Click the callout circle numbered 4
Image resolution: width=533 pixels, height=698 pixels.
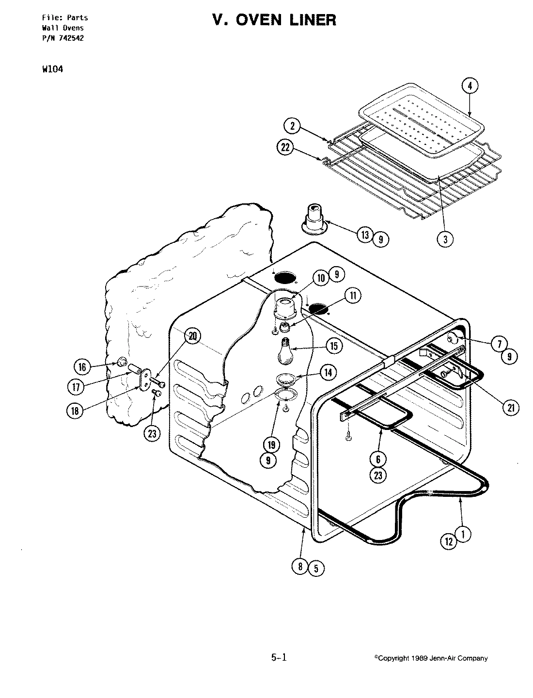pyautogui.click(x=469, y=86)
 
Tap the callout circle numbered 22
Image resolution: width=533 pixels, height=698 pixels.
pyautogui.click(x=285, y=147)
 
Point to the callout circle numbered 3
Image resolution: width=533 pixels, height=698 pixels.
pyautogui.click(x=445, y=238)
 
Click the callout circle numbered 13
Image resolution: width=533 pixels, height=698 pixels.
pyautogui.click(x=365, y=235)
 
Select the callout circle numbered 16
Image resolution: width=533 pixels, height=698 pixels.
pyautogui.click(x=82, y=367)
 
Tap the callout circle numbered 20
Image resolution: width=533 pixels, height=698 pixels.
pyautogui.click(x=193, y=336)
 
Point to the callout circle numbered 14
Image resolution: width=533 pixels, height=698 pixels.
pyautogui.click(x=329, y=372)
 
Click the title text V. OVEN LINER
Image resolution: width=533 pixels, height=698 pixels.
pyautogui.click(x=273, y=20)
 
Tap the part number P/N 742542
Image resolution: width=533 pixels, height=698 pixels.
pyautogui.click(x=62, y=38)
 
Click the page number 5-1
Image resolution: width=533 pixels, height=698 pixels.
pyautogui.click(x=279, y=658)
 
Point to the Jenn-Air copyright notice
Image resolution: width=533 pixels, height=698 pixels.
pyautogui.click(x=431, y=658)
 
